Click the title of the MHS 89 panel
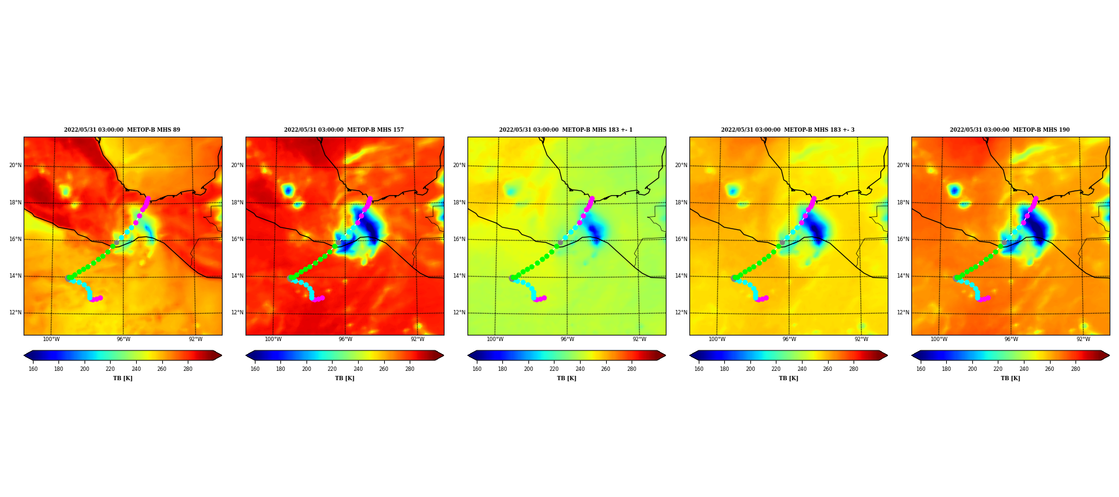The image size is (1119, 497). click(x=122, y=130)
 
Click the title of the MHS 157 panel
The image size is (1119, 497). click(x=344, y=130)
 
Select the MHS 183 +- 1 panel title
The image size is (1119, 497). click(x=566, y=130)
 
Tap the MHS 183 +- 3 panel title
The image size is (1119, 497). click(x=788, y=130)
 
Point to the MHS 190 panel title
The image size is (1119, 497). click(x=1010, y=130)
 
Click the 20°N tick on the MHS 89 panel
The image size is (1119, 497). click(x=16, y=165)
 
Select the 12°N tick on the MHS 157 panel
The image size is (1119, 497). click(x=237, y=312)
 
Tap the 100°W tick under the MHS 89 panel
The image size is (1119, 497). click(x=51, y=339)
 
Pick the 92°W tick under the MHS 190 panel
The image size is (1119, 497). click(x=1084, y=339)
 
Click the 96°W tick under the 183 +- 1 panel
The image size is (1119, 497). click(x=568, y=339)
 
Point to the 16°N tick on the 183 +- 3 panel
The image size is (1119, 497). click(x=681, y=239)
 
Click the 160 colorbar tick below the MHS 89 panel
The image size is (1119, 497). click(x=33, y=369)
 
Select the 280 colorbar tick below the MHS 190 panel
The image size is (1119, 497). click(x=1075, y=369)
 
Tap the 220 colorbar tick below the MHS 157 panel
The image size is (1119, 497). click(x=332, y=369)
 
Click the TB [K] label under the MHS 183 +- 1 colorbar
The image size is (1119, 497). click(x=566, y=378)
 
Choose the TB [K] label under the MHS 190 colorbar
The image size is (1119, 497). click(x=1010, y=378)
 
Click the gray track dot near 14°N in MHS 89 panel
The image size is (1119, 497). click(x=68, y=278)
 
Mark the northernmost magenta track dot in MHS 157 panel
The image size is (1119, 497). click(x=370, y=199)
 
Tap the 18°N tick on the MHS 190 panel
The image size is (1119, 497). click(x=903, y=203)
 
